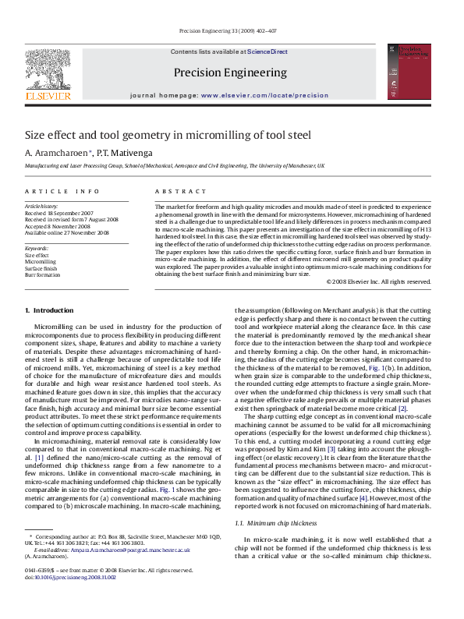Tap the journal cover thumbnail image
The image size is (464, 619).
pos(414,72)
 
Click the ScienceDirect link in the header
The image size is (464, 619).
pos(267,51)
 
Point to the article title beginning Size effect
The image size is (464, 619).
pos(168,135)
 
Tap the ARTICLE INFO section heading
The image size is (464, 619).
pos(62,191)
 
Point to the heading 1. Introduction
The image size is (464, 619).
pos(49,310)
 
